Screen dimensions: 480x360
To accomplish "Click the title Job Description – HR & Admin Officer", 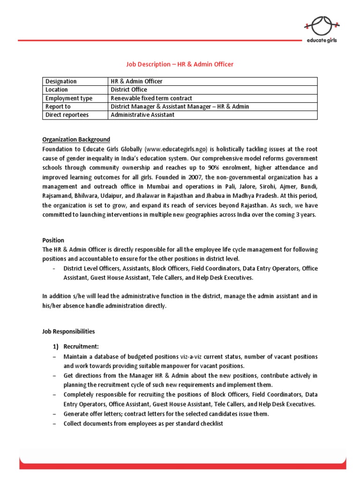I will (180, 64).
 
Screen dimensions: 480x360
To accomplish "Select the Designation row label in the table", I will (61, 82).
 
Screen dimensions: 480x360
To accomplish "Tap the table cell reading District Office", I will (128, 90).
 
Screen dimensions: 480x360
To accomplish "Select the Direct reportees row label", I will (67, 115).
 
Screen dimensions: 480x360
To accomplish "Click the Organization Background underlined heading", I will (76, 140).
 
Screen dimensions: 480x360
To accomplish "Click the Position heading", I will (53, 240).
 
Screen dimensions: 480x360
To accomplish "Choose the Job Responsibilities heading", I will (68, 331).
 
